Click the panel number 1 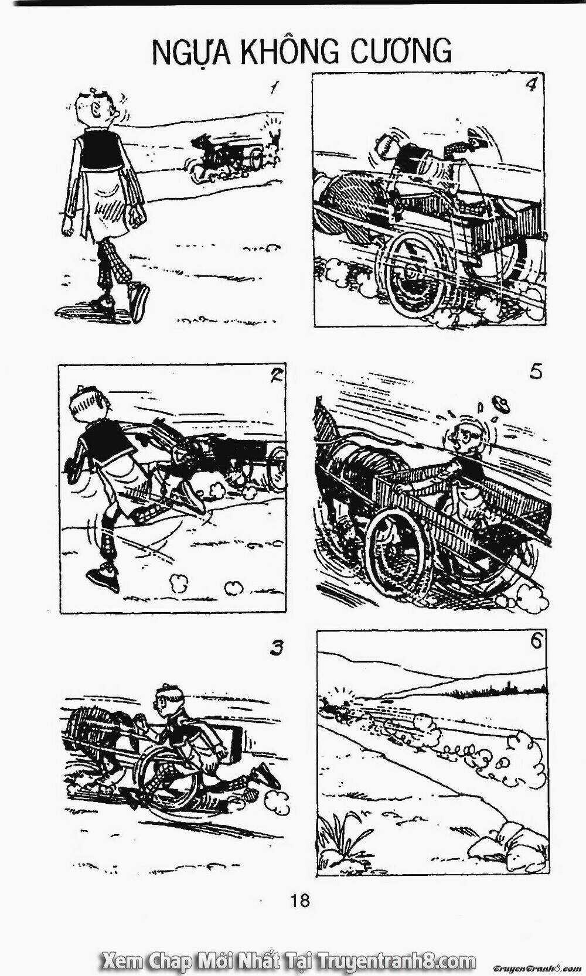click(273, 88)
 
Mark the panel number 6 click(536, 642)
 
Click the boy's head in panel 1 click(95, 109)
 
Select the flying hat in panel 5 click(502, 404)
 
